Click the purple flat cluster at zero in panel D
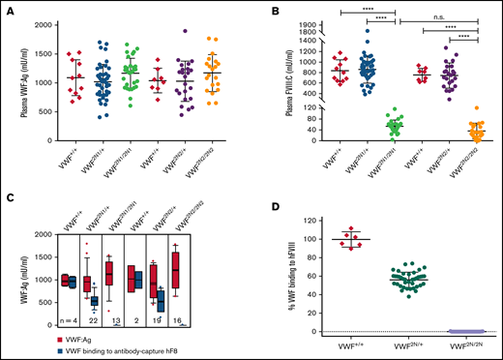click(x=453, y=332)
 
